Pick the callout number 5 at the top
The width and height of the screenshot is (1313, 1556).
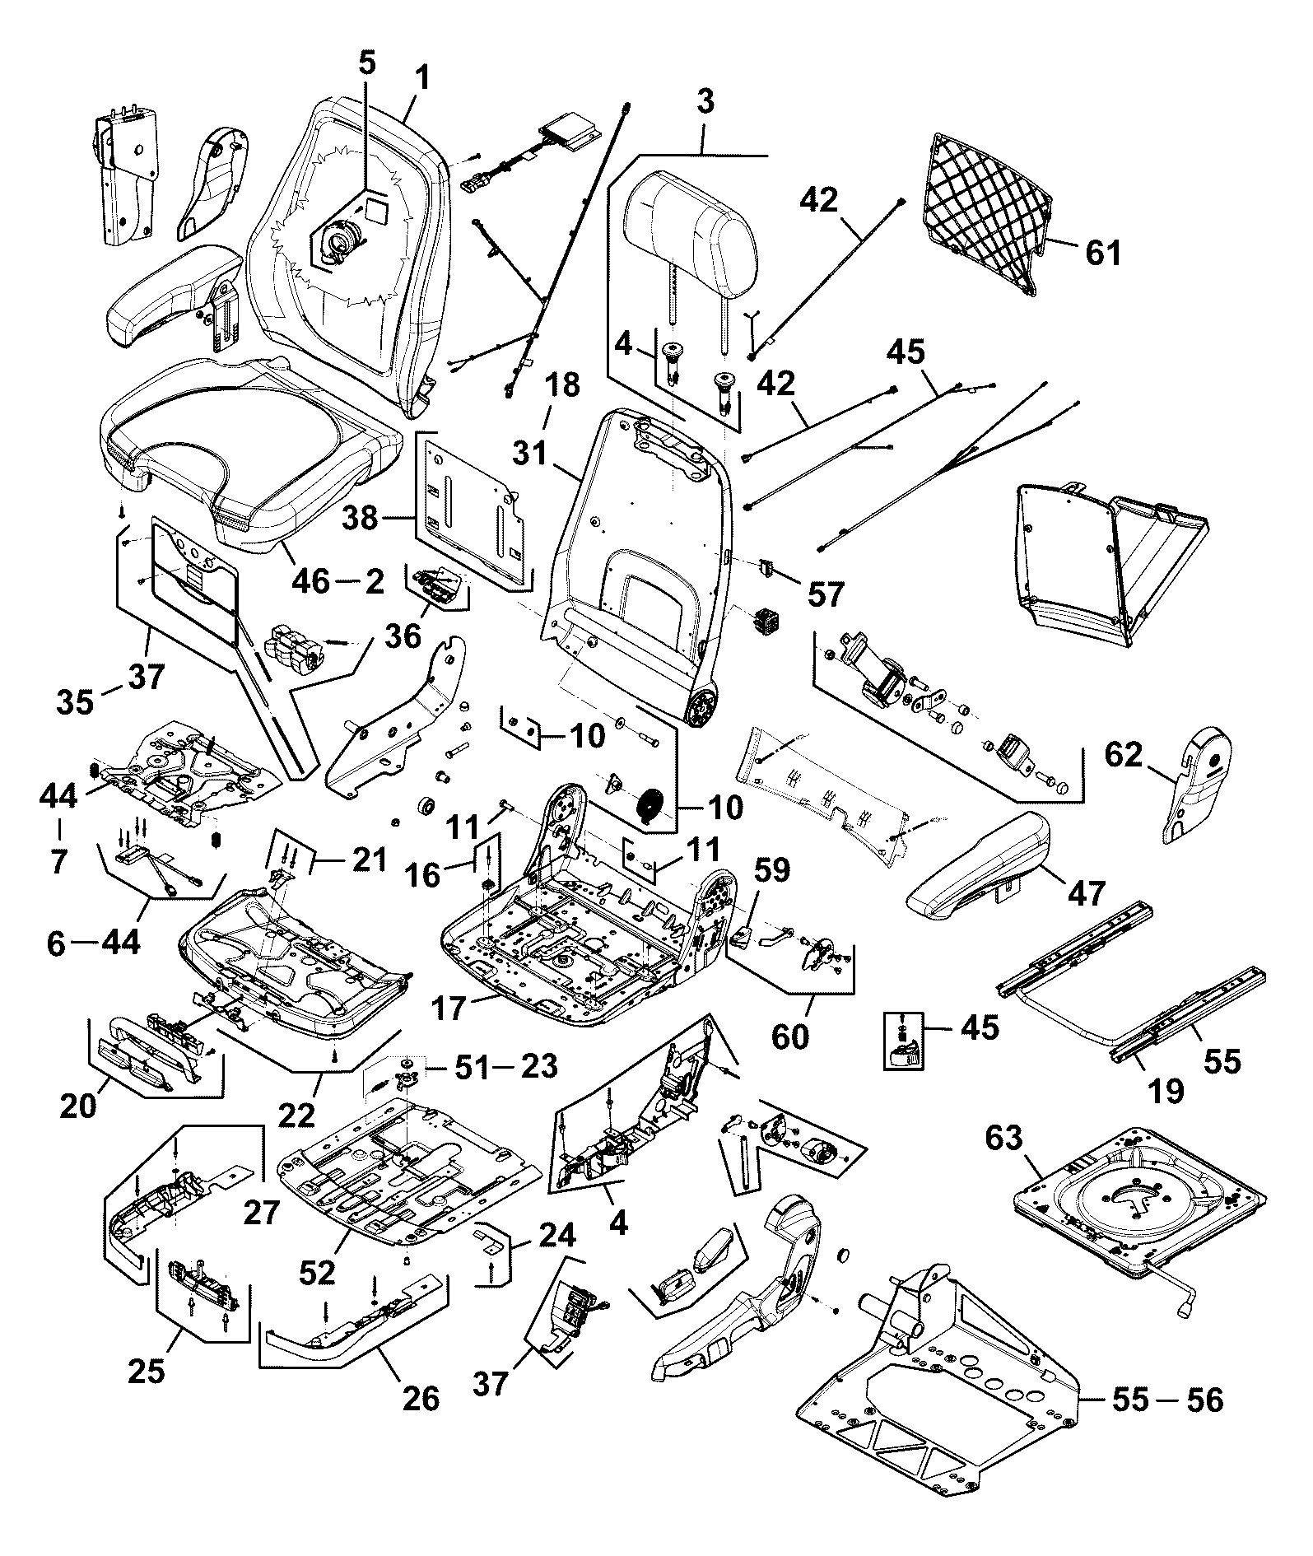point(366,63)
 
